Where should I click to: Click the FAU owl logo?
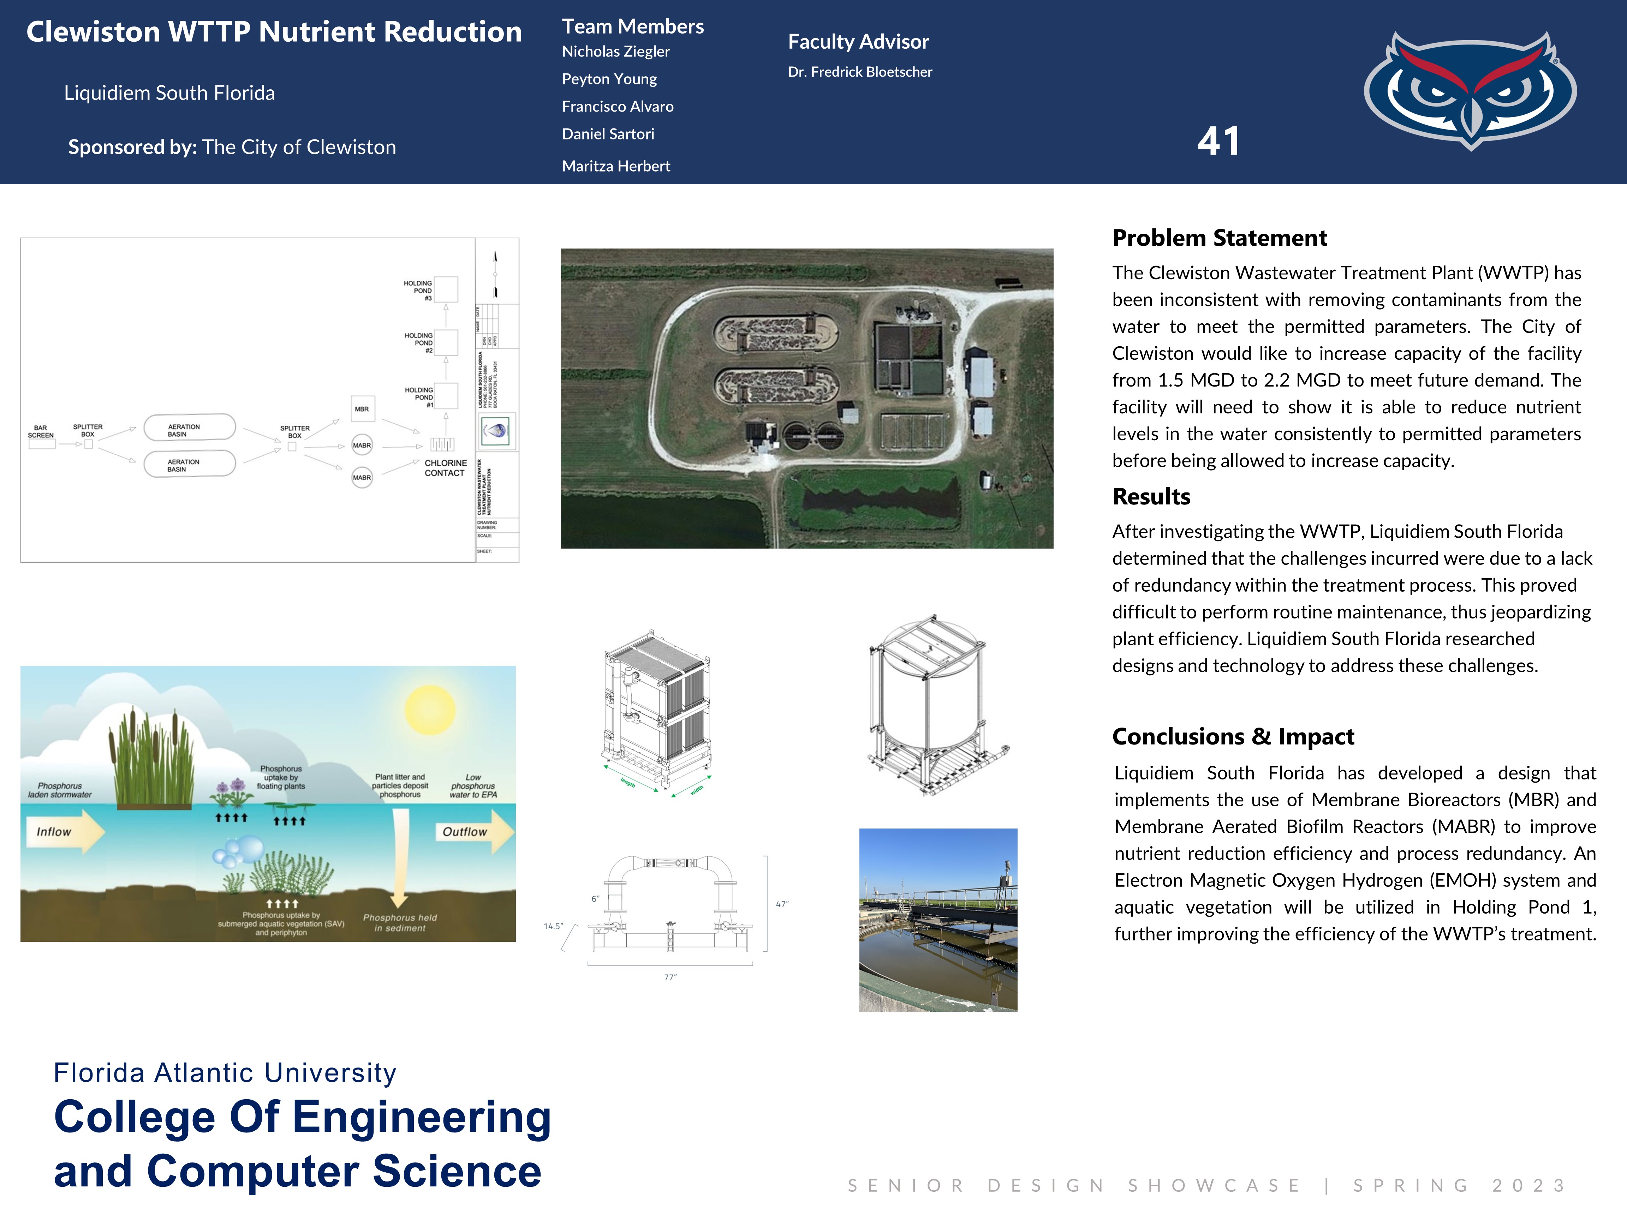pyautogui.click(x=1470, y=90)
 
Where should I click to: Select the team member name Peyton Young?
pyautogui.click(x=609, y=79)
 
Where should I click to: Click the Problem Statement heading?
pyautogui.click(x=1219, y=238)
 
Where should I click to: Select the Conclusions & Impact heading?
pyautogui.click(x=1233, y=736)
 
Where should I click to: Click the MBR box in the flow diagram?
pyautogui.click(x=362, y=409)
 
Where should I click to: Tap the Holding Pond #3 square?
pyautogui.click(x=446, y=289)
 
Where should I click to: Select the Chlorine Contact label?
pyautogui.click(x=445, y=468)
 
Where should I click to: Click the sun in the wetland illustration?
pyautogui.click(x=430, y=710)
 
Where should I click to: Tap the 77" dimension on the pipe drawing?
pyautogui.click(x=670, y=977)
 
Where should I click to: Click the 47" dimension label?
pyautogui.click(x=782, y=904)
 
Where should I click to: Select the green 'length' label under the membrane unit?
pyautogui.click(x=627, y=783)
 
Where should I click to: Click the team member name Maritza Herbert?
pyautogui.click(x=616, y=166)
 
